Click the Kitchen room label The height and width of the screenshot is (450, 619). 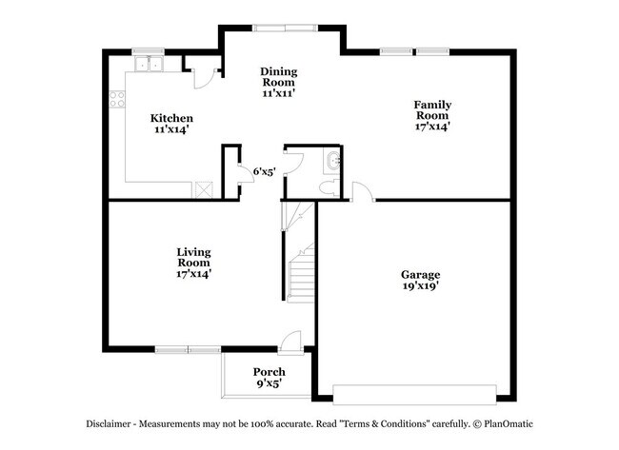172,118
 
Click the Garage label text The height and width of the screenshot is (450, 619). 419,274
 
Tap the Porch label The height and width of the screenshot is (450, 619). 269,371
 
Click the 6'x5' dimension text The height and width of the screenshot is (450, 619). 265,171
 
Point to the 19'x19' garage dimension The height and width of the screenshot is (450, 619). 419,285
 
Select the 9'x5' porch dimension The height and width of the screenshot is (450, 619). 268,383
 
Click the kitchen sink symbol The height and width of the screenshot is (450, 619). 149,65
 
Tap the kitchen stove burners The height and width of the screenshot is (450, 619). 117,98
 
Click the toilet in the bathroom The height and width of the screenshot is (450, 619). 327,188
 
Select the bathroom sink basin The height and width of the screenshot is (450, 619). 331,162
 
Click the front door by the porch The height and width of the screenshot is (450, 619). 291,340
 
